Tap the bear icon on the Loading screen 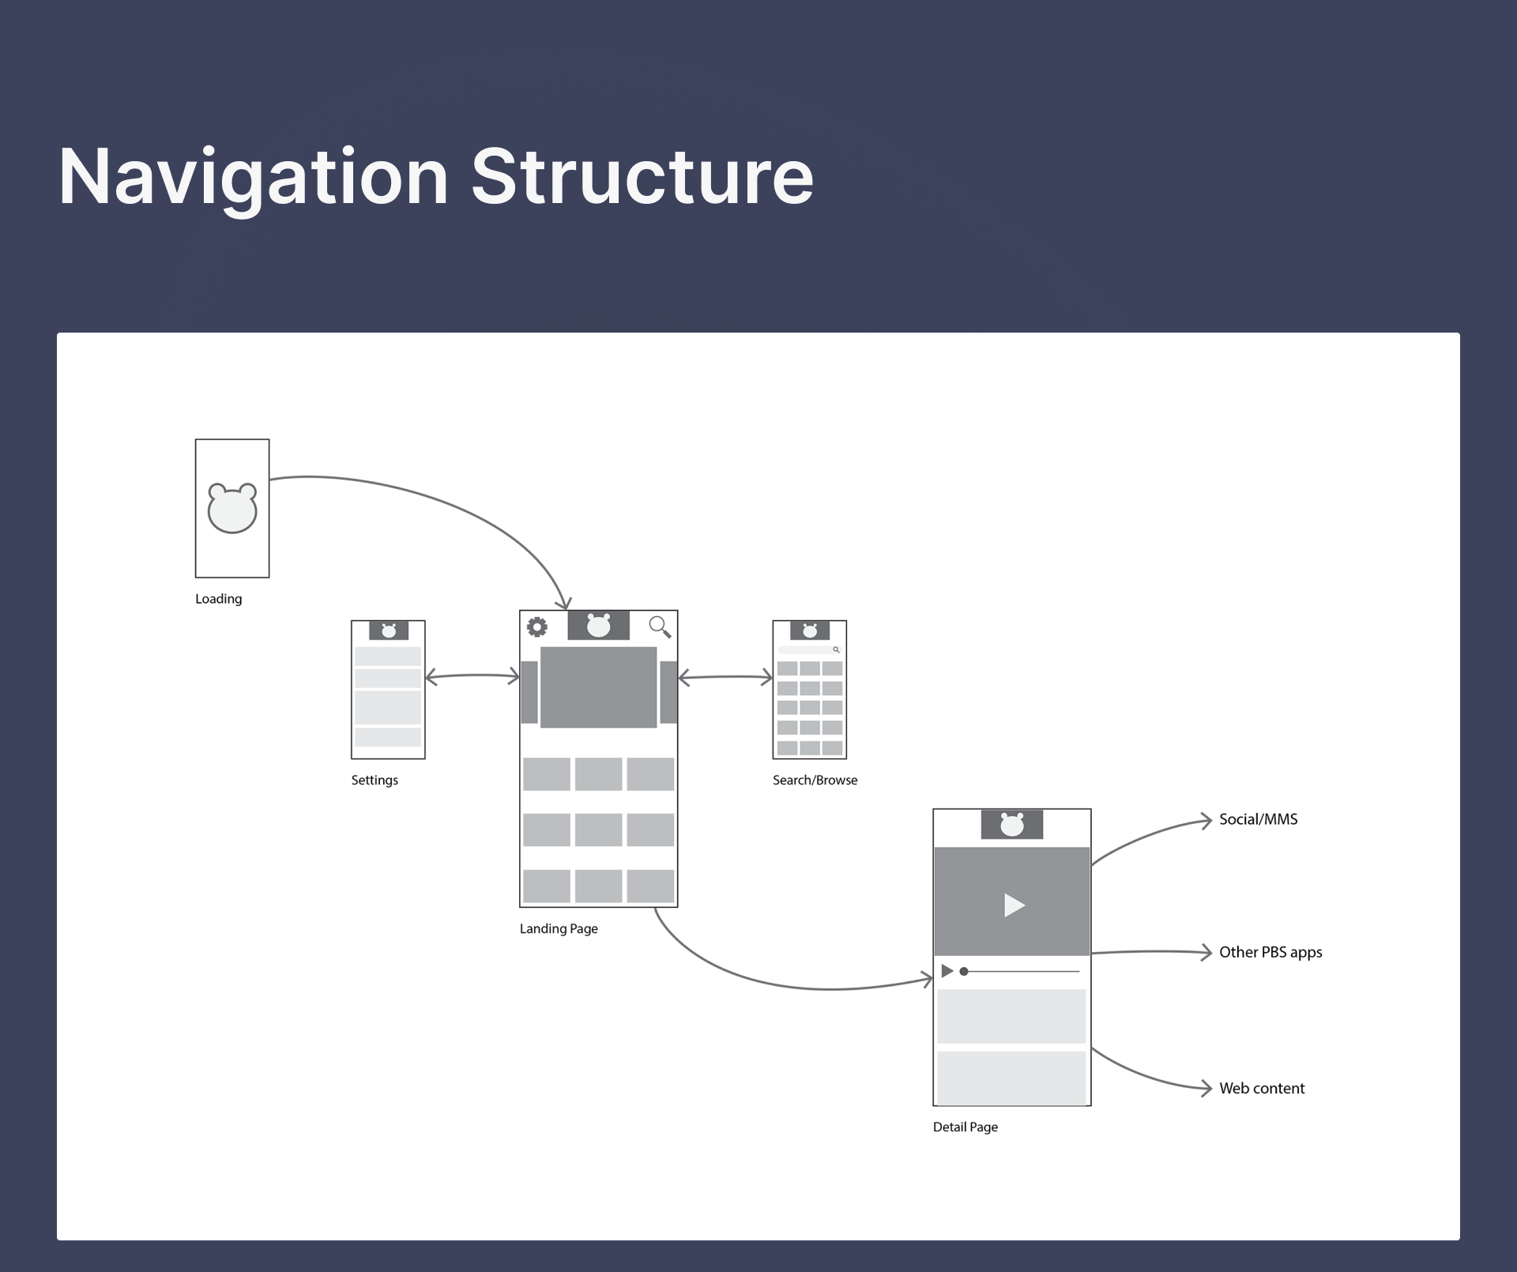pyautogui.click(x=232, y=508)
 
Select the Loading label pyautogui.click(x=219, y=599)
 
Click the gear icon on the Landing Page pyautogui.click(x=537, y=627)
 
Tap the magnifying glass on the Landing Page pyautogui.click(x=660, y=627)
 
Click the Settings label pyautogui.click(x=375, y=781)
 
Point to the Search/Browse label pyautogui.click(x=815, y=781)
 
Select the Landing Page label pyautogui.click(x=559, y=929)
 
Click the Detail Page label pyautogui.click(x=966, y=1127)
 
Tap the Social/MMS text pyautogui.click(x=1258, y=819)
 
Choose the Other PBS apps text pyautogui.click(x=1270, y=952)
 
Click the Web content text pyautogui.click(x=1262, y=1088)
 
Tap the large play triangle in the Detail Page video pyautogui.click(x=1014, y=905)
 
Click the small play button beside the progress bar pyautogui.click(x=947, y=971)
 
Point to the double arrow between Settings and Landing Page pyautogui.click(x=472, y=676)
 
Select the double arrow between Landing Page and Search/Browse pyautogui.click(x=725, y=677)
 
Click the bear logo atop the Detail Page pyautogui.click(x=1012, y=825)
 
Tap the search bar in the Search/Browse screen pyautogui.click(x=809, y=649)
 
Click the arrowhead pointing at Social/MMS pyautogui.click(x=1206, y=820)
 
